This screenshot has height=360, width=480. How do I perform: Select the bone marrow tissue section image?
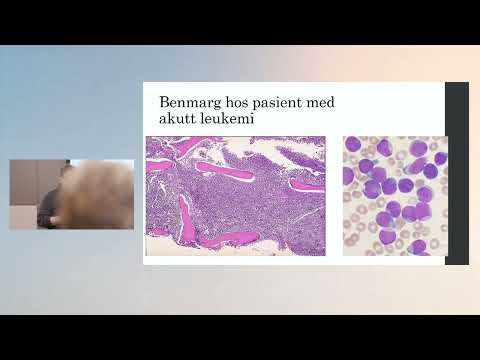[x=235, y=195]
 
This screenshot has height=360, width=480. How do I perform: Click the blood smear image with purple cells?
[x=394, y=195]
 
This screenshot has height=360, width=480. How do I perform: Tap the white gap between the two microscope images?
[x=334, y=195]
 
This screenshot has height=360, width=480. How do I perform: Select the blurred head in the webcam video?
[x=101, y=192]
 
